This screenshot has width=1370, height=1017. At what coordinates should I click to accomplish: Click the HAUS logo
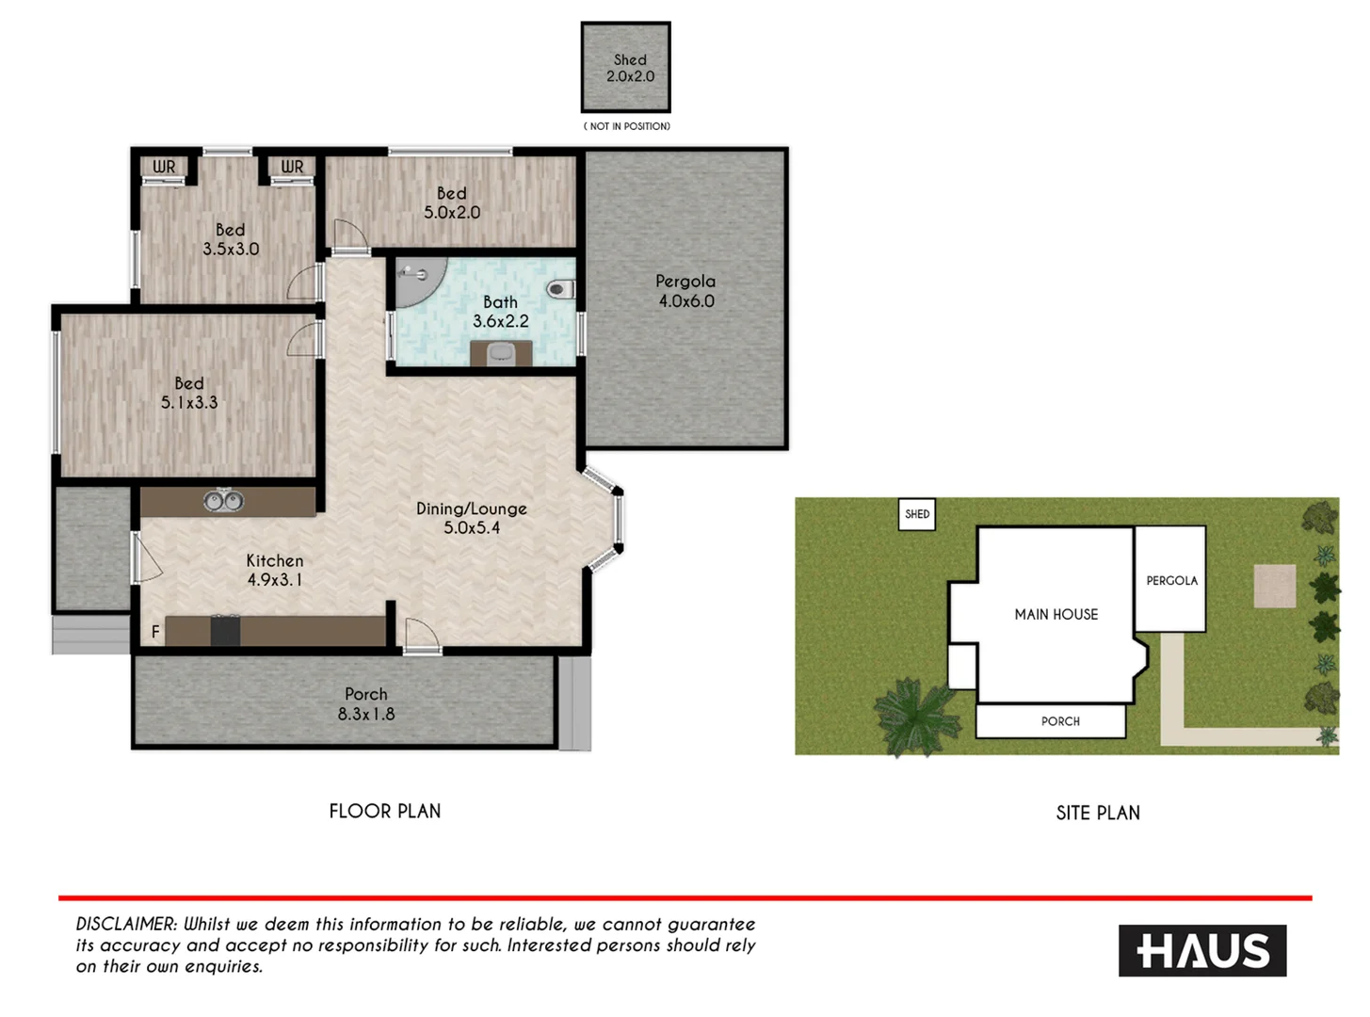(x=1202, y=951)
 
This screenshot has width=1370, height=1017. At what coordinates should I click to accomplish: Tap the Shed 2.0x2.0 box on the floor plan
(x=626, y=68)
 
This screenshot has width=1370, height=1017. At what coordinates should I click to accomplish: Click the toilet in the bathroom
(x=560, y=289)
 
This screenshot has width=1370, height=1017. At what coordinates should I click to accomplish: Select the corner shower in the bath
(x=411, y=281)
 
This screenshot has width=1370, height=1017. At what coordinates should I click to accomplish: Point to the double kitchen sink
(x=224, y=501)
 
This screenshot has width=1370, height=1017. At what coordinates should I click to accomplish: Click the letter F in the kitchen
(x=155, y=632)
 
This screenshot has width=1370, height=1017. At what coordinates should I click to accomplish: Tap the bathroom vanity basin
(x=501, y=353)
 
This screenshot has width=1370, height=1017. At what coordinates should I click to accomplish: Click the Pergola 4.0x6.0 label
(x=685, y=291)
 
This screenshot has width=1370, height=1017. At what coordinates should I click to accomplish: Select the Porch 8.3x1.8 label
(x=365, y=704)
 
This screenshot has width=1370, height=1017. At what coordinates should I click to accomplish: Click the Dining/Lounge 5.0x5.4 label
(x=471, y=518)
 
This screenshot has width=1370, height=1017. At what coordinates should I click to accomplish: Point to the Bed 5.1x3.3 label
(x=188, y=393)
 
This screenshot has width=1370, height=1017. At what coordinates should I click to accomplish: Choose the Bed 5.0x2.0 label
(x=451, y=202)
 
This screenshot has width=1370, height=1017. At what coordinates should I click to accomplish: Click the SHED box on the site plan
(x=916, y=514)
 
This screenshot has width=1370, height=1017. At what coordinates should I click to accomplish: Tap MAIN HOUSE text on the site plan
(x=1056, y=614)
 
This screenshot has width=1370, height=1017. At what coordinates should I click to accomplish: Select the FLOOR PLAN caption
(x=384, y=811)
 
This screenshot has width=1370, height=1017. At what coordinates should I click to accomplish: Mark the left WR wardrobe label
(x=164, y=167)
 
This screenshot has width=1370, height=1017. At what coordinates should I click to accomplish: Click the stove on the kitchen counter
(x=225, y=629)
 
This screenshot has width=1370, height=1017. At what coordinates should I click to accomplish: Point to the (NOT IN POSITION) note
(x=626, y=126)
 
